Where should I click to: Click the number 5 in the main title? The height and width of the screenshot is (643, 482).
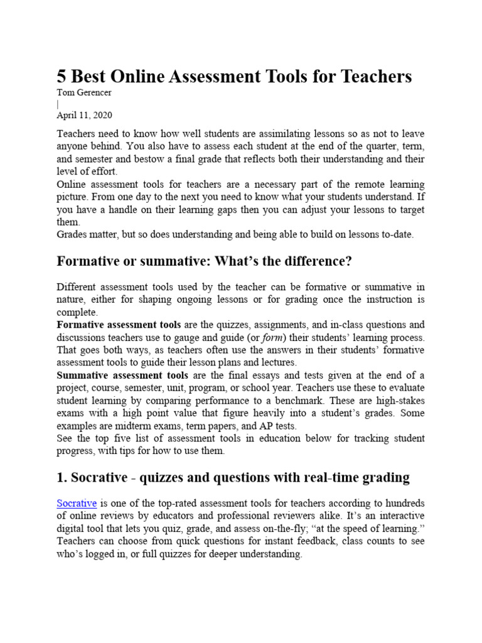[62, 77]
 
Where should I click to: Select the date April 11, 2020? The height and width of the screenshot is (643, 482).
[85, 116]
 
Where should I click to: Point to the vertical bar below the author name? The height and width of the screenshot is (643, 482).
[58, 104]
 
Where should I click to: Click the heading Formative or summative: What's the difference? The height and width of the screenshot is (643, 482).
[203, 261]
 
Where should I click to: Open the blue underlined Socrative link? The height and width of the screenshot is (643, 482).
[77, 503]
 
